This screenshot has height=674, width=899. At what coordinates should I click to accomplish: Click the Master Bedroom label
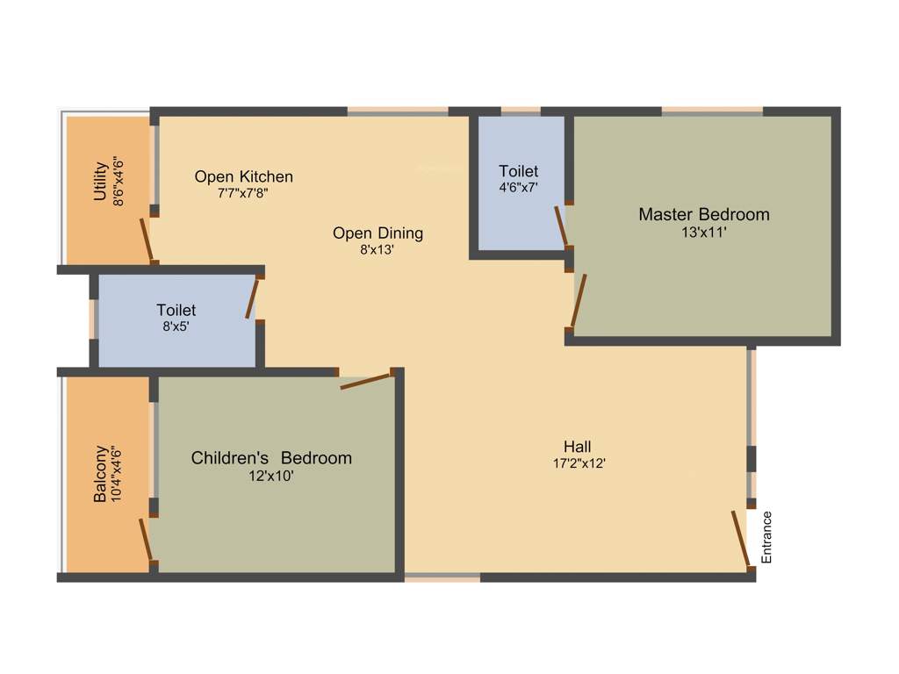(703, 214)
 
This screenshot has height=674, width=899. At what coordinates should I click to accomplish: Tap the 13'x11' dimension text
(703, 233)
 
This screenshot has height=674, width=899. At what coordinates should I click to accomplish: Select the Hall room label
(579, 447)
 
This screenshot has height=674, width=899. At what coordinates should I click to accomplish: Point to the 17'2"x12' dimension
(579, 464)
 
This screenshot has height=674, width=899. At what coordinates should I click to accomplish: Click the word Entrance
(766, 536)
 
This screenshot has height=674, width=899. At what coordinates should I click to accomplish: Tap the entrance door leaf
(741, 539)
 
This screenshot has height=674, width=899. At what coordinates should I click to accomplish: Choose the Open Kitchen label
(243, 176)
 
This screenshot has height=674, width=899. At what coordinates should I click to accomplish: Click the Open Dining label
(378, 233)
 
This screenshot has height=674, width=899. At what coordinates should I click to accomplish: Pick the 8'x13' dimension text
(378, 249)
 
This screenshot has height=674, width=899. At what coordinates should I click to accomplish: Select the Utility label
(100, 182)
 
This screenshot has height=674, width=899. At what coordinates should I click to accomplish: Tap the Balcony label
(100, 474)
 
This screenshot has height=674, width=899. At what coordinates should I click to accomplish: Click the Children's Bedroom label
(271, 458)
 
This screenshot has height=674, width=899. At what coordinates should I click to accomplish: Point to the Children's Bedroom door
(364, 381)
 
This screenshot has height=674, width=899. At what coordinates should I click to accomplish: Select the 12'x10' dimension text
(271, 477)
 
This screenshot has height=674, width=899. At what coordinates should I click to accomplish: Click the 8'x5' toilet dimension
(176, 326)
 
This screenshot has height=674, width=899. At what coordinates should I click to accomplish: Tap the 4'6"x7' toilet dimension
(518, 187)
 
